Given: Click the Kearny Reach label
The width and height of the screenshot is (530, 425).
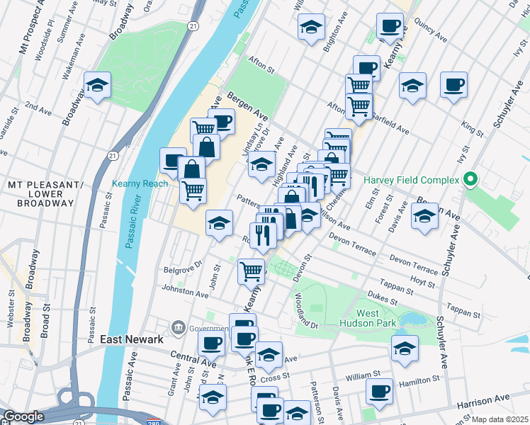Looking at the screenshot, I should pos(140,183).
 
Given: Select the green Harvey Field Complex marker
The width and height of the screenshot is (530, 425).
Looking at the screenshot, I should pos(468,179).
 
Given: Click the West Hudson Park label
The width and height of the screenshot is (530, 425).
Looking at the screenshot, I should pos(377,319).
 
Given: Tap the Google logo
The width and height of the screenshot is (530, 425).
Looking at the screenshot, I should pos(24,416).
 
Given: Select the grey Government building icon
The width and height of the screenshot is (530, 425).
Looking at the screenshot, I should pos(178,328).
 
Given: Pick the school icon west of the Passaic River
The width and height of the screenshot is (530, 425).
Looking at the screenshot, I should pos(97,86).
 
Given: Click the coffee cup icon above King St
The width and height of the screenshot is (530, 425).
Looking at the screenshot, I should pos(453,84).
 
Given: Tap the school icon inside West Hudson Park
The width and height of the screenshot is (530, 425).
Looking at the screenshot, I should pos(404,348).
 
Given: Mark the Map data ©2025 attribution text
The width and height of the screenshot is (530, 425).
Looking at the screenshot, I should pos(500,419).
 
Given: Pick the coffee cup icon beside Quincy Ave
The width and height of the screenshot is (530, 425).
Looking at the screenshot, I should pos(389,25).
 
